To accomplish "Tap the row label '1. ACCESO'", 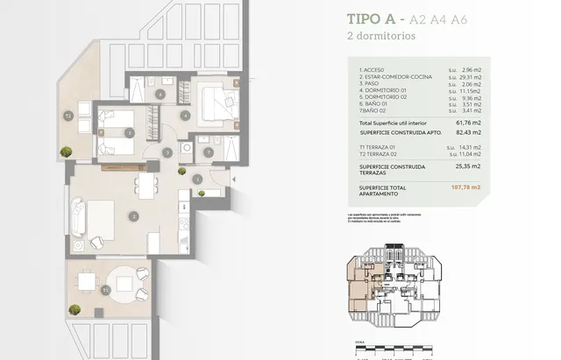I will pyautogui.click(x=373, y=70).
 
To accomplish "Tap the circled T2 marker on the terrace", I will pyautogui.click(x=67, y=115).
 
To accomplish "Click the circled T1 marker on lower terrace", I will pyautogui.click(x=105, y=288).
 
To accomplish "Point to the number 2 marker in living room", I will pyautogui.click(x=132, y=215).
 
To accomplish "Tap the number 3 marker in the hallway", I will pyautogui.click(x=167, y=152).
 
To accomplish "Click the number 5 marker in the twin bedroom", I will pyautogui.click(x=131, y=133).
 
